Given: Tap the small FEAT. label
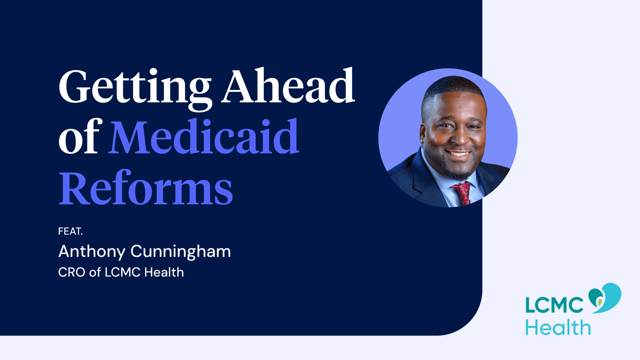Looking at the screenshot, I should (x=70, y=232).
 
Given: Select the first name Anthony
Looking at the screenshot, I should (x=92, y=252).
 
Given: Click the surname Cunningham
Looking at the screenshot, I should (x=181, y=252).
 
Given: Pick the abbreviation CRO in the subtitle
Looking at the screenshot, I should (x=72, y=272).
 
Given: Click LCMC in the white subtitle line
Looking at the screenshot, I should (x=122, y=272).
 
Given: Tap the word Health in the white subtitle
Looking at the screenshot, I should (x=164, y=272).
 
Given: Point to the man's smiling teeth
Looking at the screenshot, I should (x=457, y=153).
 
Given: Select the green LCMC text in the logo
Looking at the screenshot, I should (x=554, y=305).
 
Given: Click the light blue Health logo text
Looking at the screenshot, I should (x=558, y=328).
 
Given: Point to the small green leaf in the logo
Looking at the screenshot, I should (x=599, y=302).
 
